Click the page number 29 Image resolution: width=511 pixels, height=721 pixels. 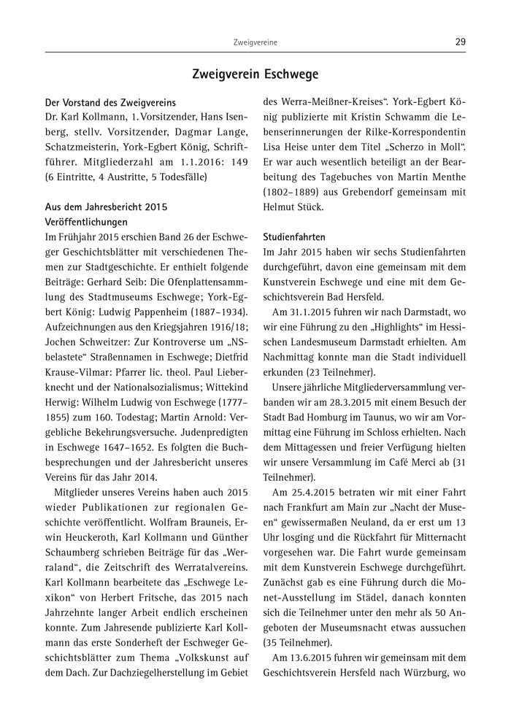point(460,42)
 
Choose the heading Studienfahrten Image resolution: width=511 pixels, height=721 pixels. point(293,237)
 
